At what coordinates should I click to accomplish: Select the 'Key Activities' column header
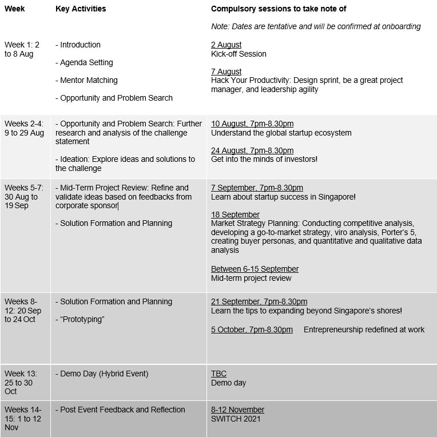tap(81, 9)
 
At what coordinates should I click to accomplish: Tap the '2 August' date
tap(226, 45)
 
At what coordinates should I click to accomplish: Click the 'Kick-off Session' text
tap(239, 54)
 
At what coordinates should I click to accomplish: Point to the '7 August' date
tap(226, 71)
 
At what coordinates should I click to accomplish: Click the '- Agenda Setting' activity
tap(84, 62)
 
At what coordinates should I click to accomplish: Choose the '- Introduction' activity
tap(78, 45)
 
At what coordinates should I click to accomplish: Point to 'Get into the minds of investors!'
tap(264, 160)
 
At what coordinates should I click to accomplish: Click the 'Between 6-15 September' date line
tap(255, 269)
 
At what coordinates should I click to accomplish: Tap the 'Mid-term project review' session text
tap(251, 278)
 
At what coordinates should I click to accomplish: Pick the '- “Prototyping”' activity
tap(80, 319)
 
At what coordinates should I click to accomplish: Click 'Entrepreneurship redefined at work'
tap(364, 329)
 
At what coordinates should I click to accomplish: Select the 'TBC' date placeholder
tap(218, 374)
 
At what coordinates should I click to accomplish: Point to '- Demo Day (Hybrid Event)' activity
tap(102, 374)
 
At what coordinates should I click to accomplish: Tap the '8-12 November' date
tap(237, 410)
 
